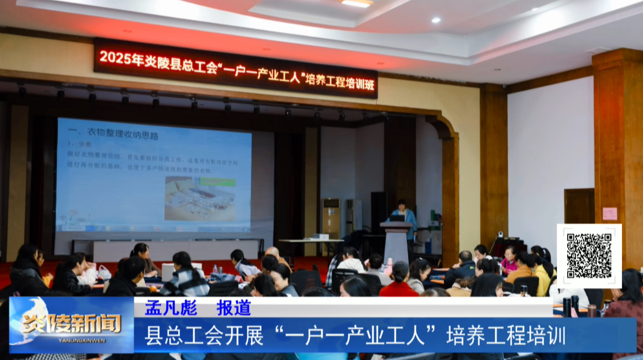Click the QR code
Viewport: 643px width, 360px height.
pyautogui.click(x=589, y=255)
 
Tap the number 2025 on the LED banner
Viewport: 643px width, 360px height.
pyautogui.click(x=115, y=58)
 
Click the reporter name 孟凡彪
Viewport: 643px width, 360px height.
pyautogui.click(x=171, y=308)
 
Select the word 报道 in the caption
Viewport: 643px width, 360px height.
pyautogui.click(x=233, y=308)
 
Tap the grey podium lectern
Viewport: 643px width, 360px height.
pyautogui.click(x=397, y=241)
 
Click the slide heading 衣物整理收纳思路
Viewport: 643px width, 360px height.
pyautogui.click(x=123, y=134)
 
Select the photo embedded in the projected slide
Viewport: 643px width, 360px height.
pyautogui.click(x=200, y=198)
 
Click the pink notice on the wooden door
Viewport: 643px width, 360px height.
pyautogui.click(x=609, y=214)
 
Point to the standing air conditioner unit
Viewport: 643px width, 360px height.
pyautogui.click(x=331, y=218)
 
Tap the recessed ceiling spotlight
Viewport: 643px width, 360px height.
pyautogui.click(x=436, y=20)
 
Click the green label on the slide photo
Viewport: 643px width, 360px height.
pyautogui.click(x=217, y=182)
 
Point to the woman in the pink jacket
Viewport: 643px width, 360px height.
pyautogui.click(x=509, y=261)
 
